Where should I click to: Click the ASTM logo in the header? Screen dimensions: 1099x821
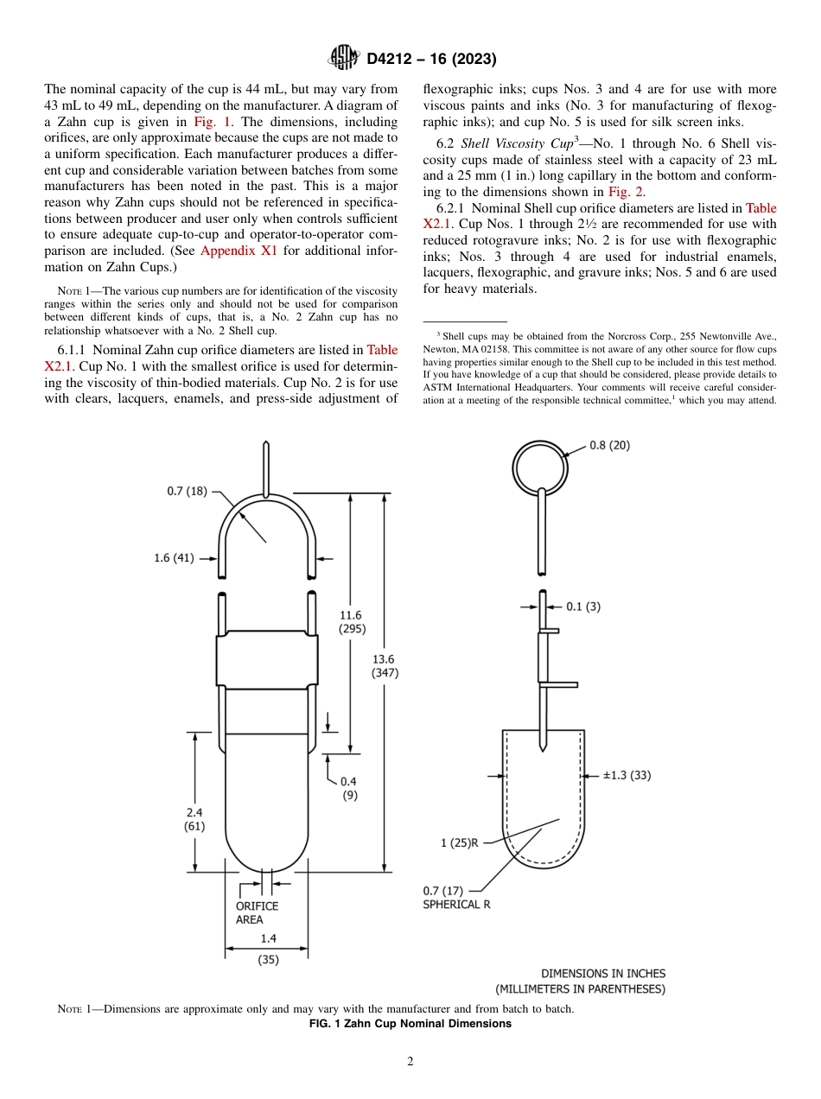pos(343,59)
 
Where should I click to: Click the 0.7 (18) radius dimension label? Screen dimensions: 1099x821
pos(188,492)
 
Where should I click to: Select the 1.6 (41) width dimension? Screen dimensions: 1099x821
pos(174,558)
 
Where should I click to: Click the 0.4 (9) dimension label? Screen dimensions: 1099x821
pos(349,787)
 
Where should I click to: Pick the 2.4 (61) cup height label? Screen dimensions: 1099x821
pos(194,819)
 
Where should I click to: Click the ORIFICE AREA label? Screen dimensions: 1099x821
pos(257,912)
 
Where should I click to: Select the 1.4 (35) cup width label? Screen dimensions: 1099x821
pos(268,948)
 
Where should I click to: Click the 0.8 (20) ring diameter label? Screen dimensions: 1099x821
pos(609,445)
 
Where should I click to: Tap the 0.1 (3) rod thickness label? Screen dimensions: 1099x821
pos(582,607)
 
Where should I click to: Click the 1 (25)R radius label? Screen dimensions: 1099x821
pos(459,843)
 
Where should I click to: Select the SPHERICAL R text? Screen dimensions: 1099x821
pos(456,904)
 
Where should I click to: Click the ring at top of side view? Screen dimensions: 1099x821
pos(540,470)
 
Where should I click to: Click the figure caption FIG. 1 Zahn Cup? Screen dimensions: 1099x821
pos(410,1024)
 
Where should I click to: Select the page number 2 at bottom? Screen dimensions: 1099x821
pos(410,1062)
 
